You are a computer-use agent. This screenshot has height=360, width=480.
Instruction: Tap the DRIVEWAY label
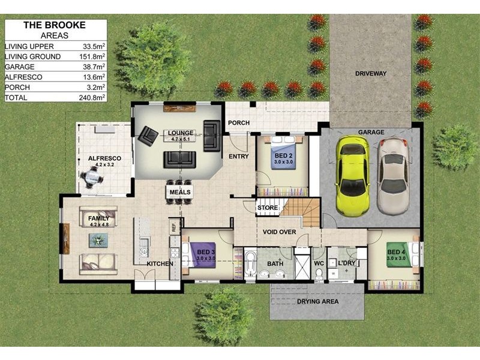click(x=370, y=74)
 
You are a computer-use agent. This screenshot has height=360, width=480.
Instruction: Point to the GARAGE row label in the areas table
click(x=19, y=67)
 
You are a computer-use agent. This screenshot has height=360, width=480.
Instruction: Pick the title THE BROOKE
click(x=54, y=25)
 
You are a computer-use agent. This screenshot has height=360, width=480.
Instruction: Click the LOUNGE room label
click(x=180, y=133)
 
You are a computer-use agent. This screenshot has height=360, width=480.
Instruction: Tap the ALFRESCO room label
click(x=104, y=158)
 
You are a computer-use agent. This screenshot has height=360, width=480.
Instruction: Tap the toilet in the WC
click(x=319, y=273)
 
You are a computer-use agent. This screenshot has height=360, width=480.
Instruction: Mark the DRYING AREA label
click(x=318, y=301)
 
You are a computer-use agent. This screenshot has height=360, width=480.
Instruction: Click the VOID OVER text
click(x=279, y=232)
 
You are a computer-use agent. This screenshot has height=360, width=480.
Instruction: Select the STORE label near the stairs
click(x=268, y=208)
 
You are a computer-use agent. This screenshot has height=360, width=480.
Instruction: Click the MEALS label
click(x=180, y=192)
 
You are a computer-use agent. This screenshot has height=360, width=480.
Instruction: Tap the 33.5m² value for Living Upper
click(x=93, y=46)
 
